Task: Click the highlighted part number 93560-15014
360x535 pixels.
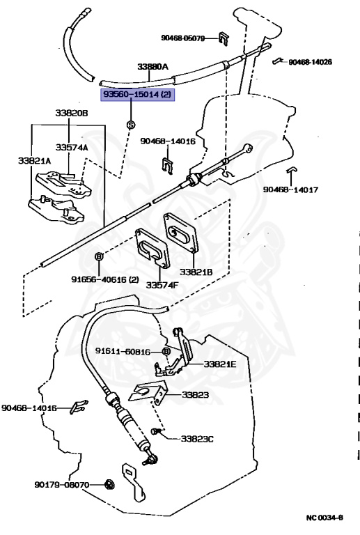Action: [131, 95]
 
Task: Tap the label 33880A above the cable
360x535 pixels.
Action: [152, 67]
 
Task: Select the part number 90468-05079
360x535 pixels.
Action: [183, 38]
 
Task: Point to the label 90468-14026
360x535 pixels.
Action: [311, 62]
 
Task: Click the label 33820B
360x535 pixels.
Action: [72, 113]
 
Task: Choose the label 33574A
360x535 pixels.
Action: [72, 148]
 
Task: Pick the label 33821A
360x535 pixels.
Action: [34, 160]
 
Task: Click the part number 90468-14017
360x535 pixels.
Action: [290, 189]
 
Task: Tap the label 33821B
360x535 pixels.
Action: [196, 272]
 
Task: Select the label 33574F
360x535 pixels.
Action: [162, 284]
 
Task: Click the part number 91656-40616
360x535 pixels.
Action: [99, 279]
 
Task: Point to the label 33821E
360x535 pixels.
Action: [220, 364]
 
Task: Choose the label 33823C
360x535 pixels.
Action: [197, 439]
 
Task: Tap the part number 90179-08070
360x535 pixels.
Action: [62, 485]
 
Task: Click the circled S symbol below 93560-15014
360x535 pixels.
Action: [131, 125]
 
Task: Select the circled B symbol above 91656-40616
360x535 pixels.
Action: [98, 256]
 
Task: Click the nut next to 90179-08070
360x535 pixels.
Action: [109, 484]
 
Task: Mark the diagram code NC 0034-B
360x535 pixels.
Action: [324, 518]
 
